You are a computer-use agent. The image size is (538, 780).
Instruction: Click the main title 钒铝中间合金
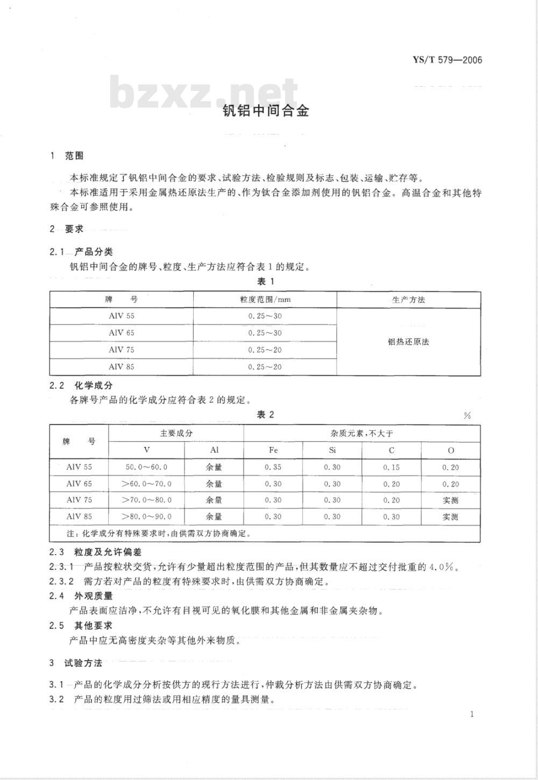[266, 111]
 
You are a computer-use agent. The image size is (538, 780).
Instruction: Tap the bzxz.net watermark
[204, 93]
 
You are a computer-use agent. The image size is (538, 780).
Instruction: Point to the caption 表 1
[266, 281]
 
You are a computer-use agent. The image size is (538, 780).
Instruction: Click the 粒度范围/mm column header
[265, 300]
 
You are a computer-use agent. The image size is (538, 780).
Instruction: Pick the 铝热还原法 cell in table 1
[408, 342]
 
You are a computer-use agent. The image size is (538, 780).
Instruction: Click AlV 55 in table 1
[122, 316]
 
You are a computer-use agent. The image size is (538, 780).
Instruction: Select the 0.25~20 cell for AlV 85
[265, 367]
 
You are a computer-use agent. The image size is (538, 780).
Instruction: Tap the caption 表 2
[266, 414]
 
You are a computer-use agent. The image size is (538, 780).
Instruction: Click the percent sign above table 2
[466, 416]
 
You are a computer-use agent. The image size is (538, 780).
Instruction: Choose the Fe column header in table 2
[273, 450]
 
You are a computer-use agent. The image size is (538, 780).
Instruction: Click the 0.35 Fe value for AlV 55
[273, 467]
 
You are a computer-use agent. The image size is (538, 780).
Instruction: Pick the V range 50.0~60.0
[146, 467]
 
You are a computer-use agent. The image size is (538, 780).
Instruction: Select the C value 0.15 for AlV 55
[391, 467]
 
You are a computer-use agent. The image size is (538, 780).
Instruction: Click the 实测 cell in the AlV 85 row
[450, 517]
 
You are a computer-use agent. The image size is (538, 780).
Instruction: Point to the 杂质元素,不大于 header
[362, 433]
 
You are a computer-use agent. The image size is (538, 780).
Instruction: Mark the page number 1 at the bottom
[472, 714]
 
